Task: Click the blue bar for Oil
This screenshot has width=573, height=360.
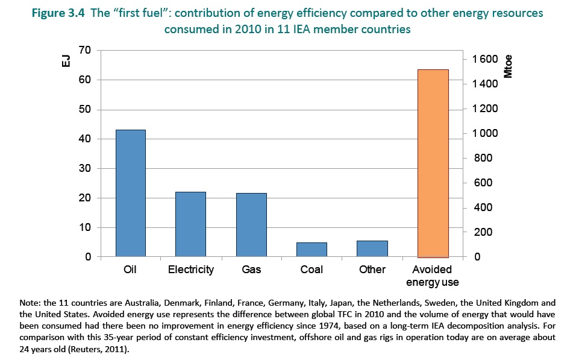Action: [x=131, y=193]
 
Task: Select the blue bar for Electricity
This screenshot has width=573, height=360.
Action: [x=190, y=224]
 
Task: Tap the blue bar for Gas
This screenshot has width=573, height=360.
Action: [x=251, y=225]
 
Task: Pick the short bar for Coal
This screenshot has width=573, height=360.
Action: [x=312, y=250]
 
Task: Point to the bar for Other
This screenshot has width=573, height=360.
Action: [x=372, y=248]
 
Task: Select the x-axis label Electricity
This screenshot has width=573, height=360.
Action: [x=190, y=270]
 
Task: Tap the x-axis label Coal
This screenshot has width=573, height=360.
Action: [x=312, y=270]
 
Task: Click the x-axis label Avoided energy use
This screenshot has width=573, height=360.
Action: [x=433, y=276]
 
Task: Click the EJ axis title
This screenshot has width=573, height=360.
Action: [x=67, y=61]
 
